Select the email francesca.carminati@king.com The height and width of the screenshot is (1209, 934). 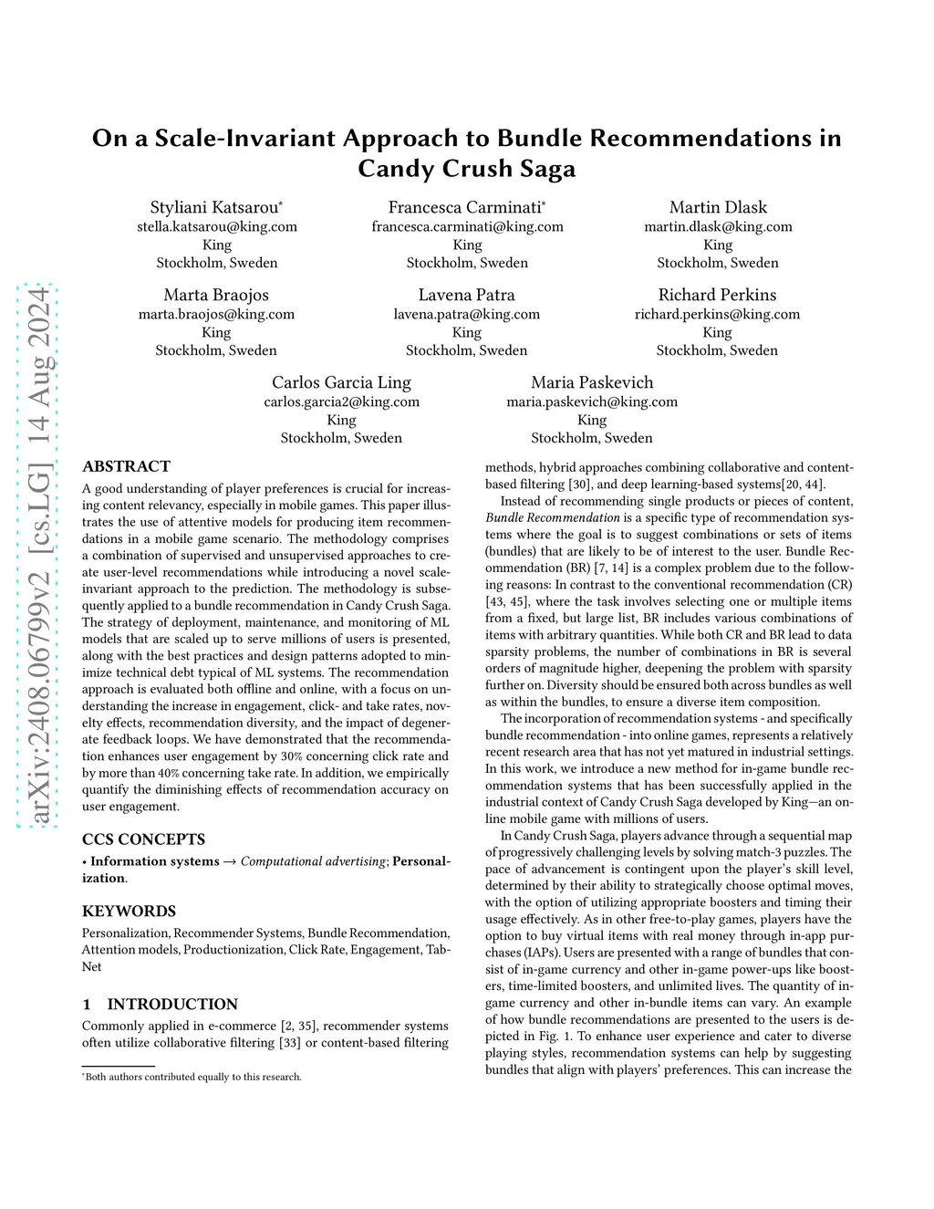467,226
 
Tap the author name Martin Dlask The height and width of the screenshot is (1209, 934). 718,207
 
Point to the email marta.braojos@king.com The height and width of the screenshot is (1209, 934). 216,314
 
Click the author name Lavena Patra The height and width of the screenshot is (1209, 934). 466,295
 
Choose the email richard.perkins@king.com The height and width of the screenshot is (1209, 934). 717,314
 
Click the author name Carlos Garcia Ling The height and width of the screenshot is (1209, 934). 341,382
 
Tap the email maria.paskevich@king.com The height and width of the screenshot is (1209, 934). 592,401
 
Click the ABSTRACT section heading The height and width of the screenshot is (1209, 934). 126,466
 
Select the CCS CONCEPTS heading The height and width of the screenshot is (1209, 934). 143,839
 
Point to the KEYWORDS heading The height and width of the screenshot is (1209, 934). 129,911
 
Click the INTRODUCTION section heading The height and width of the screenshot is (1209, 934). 171,1004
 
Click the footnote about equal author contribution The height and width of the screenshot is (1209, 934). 192,1077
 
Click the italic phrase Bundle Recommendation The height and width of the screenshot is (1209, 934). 553,517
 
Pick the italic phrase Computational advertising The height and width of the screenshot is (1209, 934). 313,861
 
